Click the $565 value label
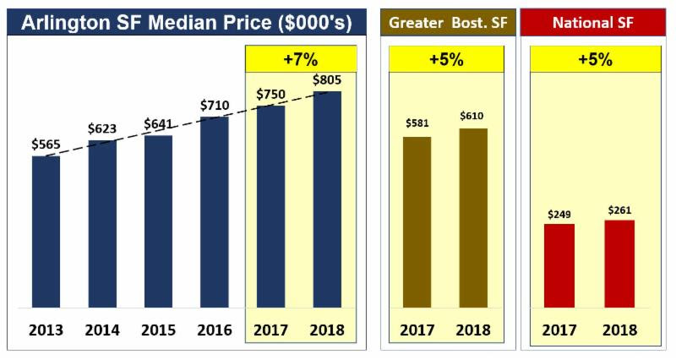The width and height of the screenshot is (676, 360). coord(46,145)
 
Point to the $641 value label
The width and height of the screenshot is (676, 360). coord(158,123)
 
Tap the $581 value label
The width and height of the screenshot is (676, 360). coord(417,123)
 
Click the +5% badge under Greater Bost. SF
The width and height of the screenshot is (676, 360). coord(447,60)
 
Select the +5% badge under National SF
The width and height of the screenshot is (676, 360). coord(597,60)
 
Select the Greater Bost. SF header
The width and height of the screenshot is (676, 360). coord(447,20)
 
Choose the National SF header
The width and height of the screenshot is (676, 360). coord(597,20)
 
